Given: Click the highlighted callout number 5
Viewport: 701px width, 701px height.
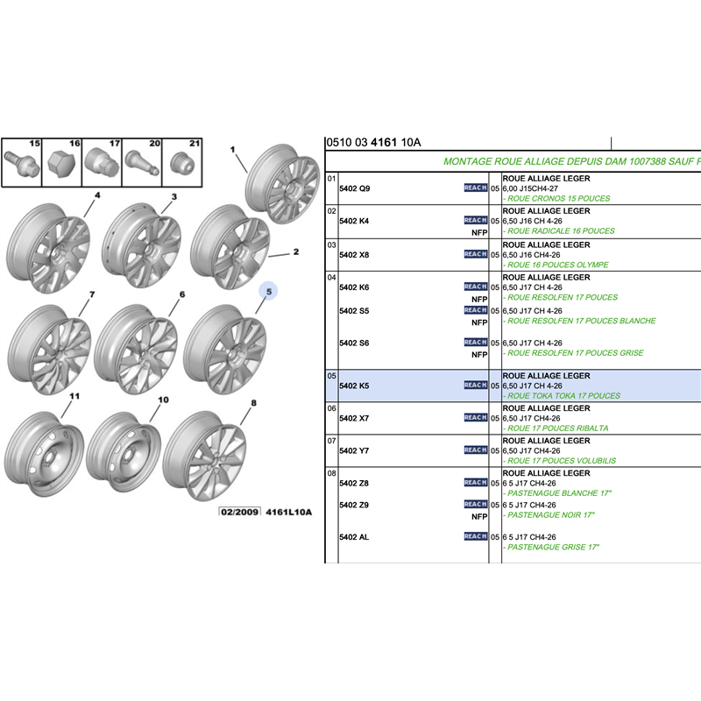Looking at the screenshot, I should (270, 290).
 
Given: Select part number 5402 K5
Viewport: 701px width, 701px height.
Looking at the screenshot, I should (354, 386).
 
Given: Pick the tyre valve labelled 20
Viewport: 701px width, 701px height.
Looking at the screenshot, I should (138, 165).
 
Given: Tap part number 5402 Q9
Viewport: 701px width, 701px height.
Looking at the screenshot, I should (354, 188).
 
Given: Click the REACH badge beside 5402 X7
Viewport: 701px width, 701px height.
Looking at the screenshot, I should (475, 417).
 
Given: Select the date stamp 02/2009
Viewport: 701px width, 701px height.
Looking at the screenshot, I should (239, 512).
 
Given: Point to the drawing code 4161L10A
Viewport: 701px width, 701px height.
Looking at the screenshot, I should (288, 512).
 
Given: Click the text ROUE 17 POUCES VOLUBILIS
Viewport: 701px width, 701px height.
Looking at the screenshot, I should (562, 461).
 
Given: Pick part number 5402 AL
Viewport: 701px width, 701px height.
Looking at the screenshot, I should (354, 536).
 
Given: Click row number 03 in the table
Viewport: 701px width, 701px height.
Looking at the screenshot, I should (332, 244).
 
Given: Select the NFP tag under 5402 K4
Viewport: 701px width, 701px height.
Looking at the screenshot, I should (479, 232).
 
